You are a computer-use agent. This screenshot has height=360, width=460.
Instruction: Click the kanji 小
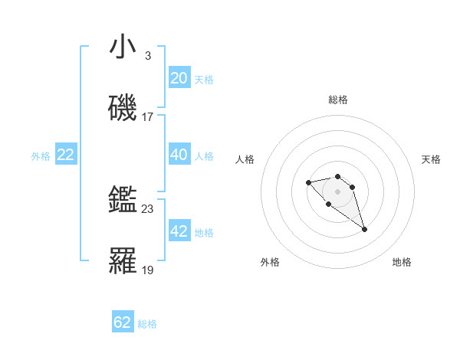coord(123,47)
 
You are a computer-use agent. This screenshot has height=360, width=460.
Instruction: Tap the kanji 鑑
coord(123,201)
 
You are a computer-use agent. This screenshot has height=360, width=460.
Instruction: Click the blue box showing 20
coord(179,78)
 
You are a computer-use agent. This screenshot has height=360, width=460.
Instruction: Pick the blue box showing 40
coord(179,155)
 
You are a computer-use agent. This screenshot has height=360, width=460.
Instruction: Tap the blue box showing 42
coord(179,231)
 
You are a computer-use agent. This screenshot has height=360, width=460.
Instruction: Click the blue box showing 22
coord(65,155)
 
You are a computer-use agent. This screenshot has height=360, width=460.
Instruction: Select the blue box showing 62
coord(123,322)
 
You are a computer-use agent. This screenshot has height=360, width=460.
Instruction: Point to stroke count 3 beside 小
coord(147,55)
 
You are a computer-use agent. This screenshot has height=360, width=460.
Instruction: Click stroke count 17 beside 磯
coord(148,117)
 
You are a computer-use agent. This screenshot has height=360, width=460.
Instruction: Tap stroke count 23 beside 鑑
coord(148,208)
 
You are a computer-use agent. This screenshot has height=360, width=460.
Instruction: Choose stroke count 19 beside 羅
coord(148,270)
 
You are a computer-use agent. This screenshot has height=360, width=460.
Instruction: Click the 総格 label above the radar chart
coord(338,100)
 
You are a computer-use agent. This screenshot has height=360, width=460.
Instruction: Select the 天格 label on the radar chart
coord(431,159)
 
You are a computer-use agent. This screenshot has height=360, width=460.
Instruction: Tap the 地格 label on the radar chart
coord(402,262)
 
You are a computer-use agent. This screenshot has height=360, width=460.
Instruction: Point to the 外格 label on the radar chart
coord(270,262)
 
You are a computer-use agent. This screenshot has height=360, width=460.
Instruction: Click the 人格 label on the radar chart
coord(245,159)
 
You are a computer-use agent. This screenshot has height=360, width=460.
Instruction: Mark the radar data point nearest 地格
coord(364,229)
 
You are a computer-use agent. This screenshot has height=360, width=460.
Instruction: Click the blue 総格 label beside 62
coord(147,324)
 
